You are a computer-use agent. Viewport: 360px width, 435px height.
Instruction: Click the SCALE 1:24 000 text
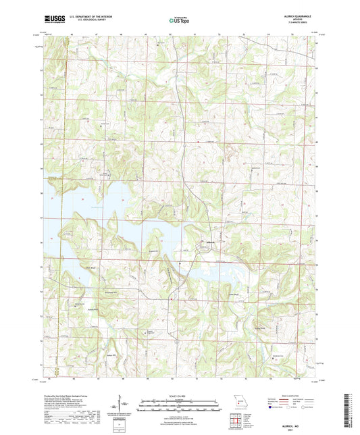[x=179, y=394]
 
